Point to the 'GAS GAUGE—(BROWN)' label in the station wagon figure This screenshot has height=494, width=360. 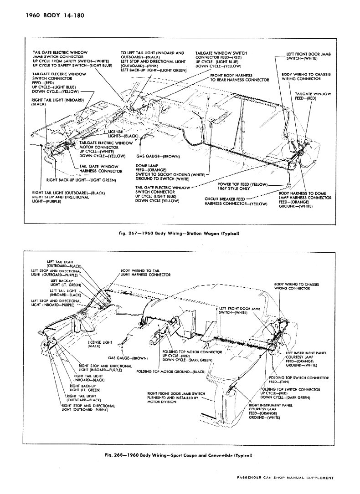pyautogui.click(x=158, y=157)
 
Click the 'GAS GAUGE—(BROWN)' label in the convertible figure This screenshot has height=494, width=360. pyautogui.click(x=128, y=358)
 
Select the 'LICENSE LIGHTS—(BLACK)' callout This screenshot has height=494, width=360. pyautogui.click(x=123, y=134)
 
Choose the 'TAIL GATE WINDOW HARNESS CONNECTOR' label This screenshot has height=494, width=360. pyautogui.click(x=101, y=168)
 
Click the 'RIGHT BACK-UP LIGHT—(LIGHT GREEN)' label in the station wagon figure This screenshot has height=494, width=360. pyautogui.click(x=81, y=179)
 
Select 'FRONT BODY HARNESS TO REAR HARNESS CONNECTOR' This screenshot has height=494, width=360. pyautogui.click(x=238, y=77)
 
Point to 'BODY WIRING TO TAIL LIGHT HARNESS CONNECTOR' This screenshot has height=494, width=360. pyautogui.click(x=145, y=273)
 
